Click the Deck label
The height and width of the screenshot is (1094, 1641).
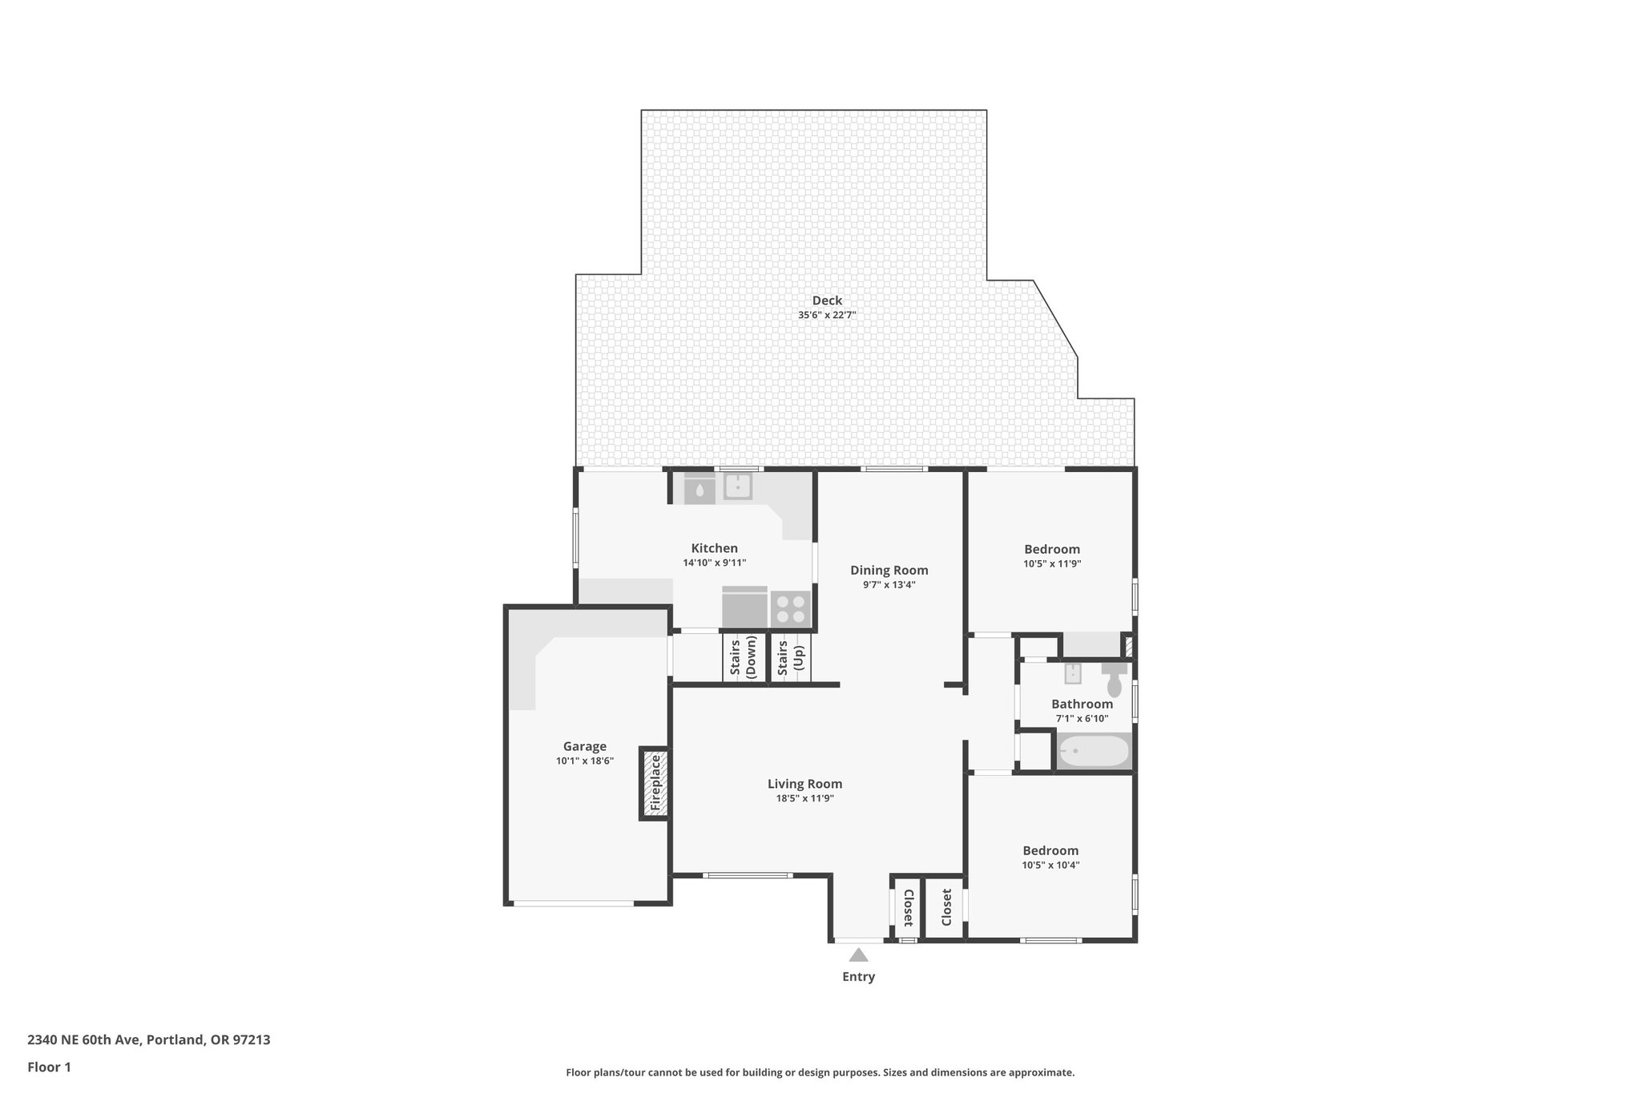click(x=827, y=301)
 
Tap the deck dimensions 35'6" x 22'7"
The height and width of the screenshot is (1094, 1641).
click(x=827, y=316)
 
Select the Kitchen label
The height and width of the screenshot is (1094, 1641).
click(x=714, y=548)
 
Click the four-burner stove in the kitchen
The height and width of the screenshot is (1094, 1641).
click(x=790, y=608)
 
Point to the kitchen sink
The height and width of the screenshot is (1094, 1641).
click(x=737, y=486)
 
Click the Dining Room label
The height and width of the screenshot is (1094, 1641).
click(x=889, y=571)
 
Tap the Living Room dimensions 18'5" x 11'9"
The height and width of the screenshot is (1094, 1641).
click(x=804, y=799)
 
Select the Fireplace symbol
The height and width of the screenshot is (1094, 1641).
click(x=655, y=783)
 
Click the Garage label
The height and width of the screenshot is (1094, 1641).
click(x=584, y=746)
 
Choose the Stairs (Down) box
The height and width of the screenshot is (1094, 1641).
click(x=744, y=658)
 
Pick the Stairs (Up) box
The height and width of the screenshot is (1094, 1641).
click(x=790, y=658)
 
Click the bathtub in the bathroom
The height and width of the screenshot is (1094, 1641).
click(x=1094, y=752)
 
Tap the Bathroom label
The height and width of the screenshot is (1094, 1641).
click(x=1082, y=704)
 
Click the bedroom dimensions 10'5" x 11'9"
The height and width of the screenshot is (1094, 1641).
click(x=1052, y=563)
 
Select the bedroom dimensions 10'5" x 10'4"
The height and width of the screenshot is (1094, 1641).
click(x=1050, y=865)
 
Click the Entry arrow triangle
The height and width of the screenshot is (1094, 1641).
click(x=858, y=955)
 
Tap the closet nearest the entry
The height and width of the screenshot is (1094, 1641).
click(x=907, y=907)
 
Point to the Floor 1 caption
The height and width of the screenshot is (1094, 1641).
click(x=50, y=1067)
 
